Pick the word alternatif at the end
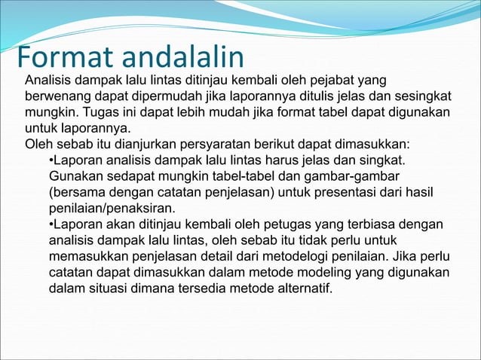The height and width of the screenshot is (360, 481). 303,288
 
